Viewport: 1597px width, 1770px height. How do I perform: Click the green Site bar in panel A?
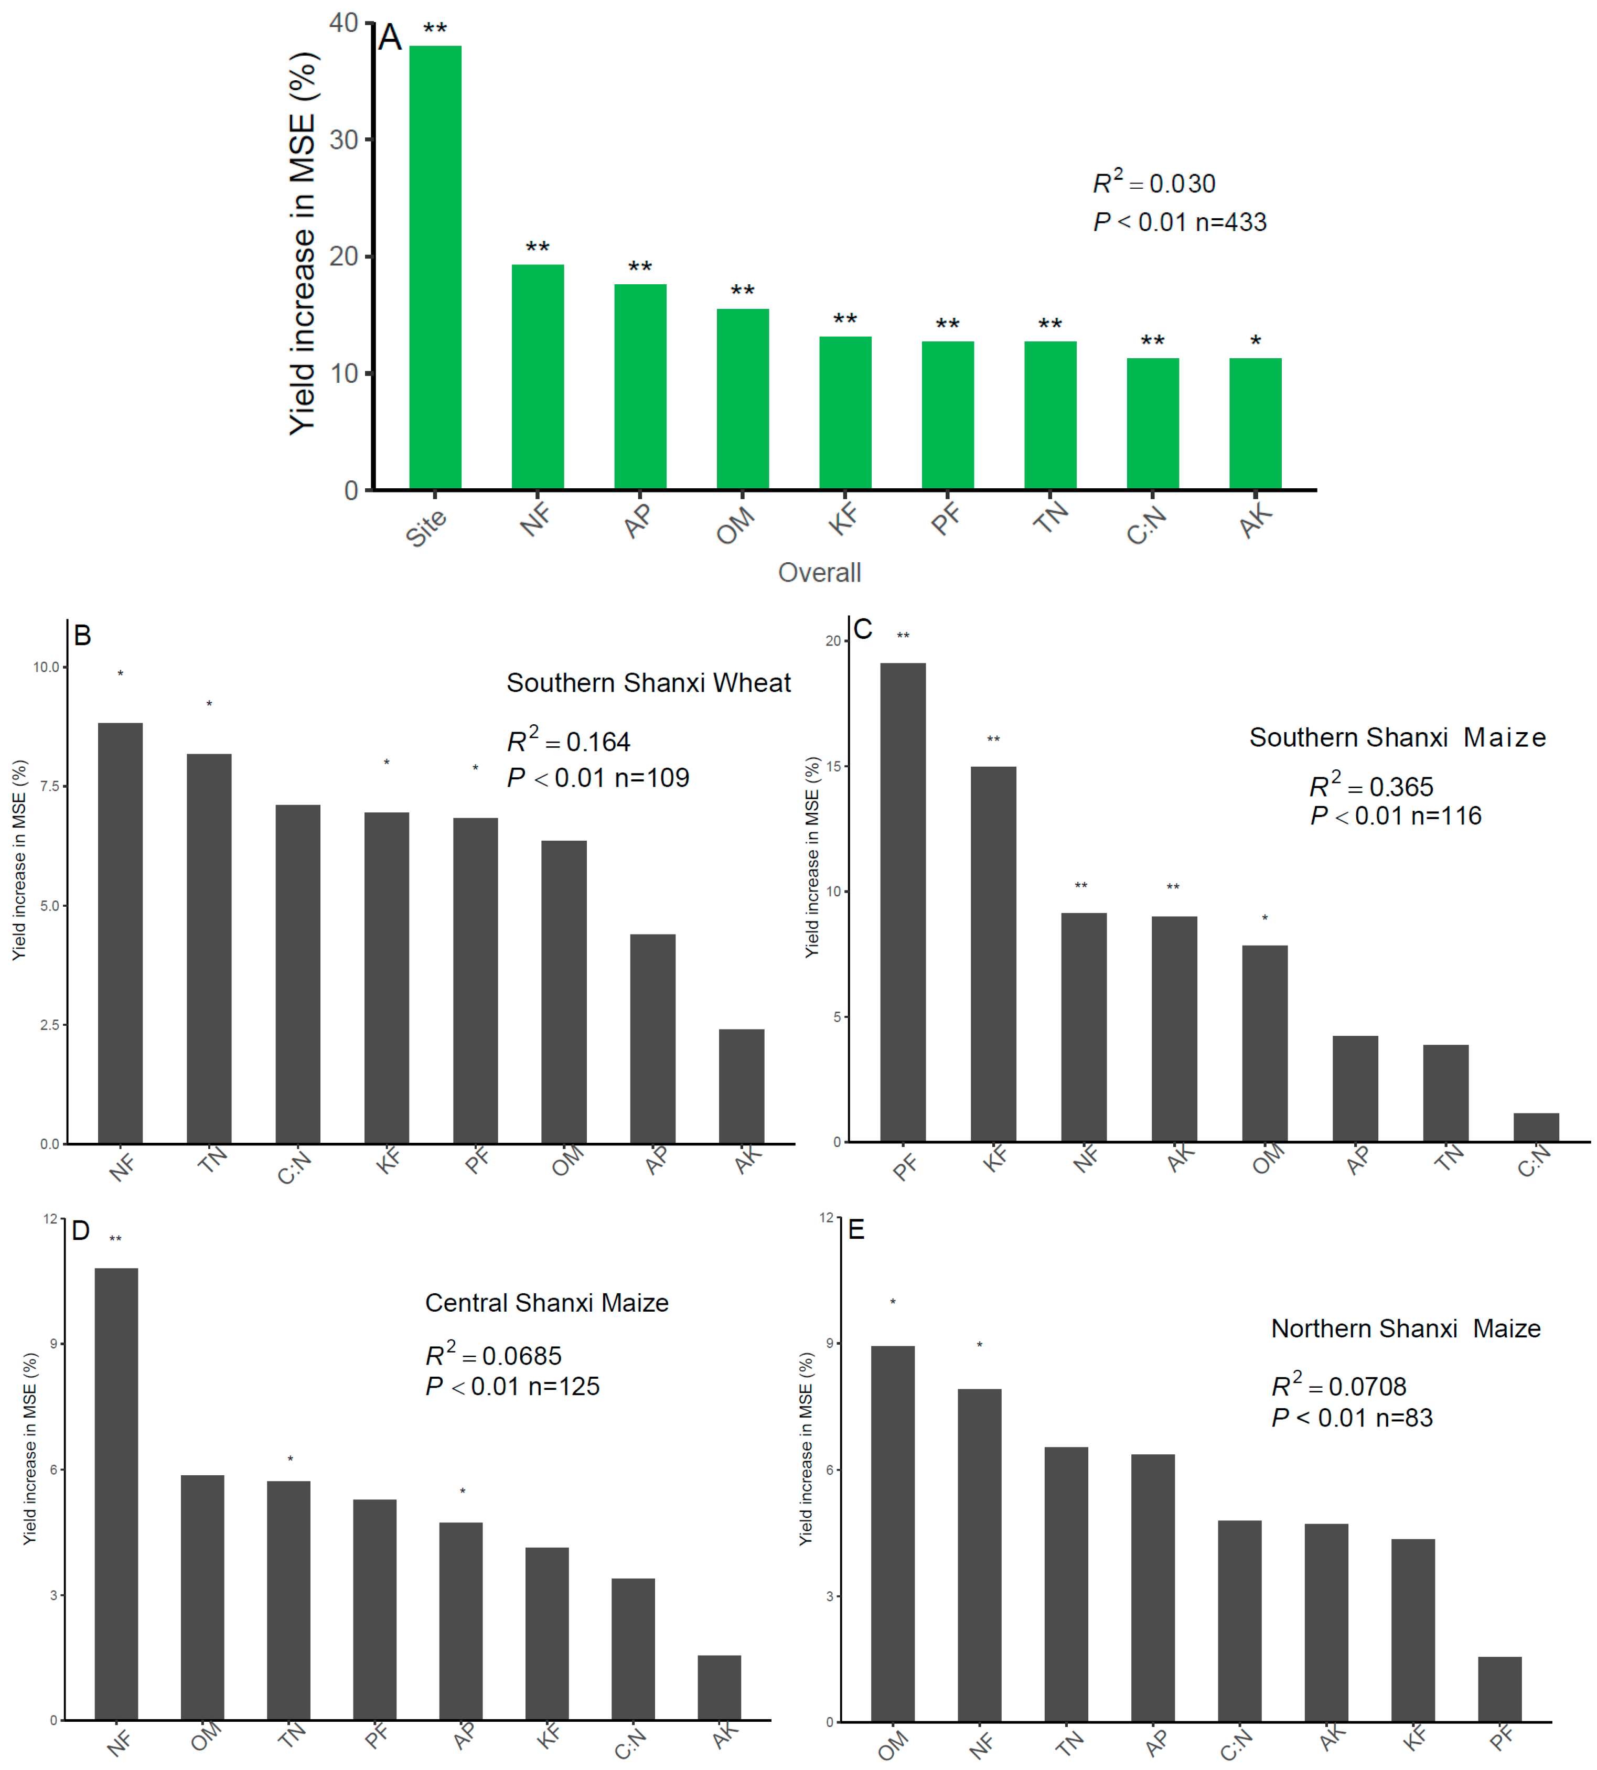(435, 267)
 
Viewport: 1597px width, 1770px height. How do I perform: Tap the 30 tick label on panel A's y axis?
(344, 140)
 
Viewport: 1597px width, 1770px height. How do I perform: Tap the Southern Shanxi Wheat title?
(648, 683)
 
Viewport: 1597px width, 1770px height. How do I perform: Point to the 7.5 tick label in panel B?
(49, 786)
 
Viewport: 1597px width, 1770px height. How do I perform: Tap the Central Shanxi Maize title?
(546, 1303)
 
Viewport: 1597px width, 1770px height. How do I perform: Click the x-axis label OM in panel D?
(206, 1737)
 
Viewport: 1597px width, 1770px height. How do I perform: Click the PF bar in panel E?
(1499, 1689)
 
